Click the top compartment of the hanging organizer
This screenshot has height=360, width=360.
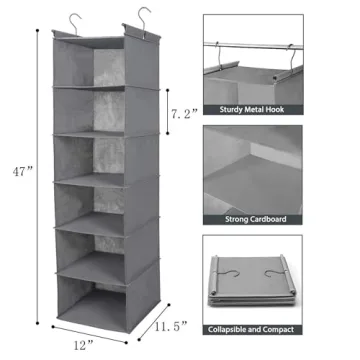click(103, 68)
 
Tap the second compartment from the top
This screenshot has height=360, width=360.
click(103, 112)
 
